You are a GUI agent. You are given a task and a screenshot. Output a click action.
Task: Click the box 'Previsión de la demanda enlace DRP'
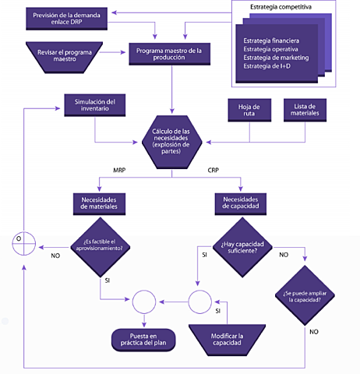pyautogui.click(x=66, y=18)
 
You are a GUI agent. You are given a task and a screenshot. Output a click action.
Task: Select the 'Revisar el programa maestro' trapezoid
pyautogui.click(x=62, y=55)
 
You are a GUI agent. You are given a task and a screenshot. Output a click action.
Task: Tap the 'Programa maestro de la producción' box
pyautogui.click(x=168, y=55)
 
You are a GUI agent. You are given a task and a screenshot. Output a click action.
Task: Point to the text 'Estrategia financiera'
pyautogui.click(x=270, y=40)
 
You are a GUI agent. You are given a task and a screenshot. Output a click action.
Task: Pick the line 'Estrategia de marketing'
pyautogui.click(x=275, y=58)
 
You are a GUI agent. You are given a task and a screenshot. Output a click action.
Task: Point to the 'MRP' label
pyautogui.click(x=120, y=170)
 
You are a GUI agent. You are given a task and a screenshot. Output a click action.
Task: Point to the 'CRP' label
pyautogui.click(x=214, y=170)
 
